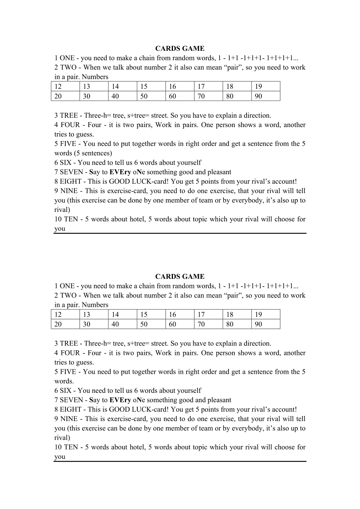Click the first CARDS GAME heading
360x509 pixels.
(180, 48)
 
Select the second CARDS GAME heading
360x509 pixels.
(180, 276)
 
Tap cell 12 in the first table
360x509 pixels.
(65, 86)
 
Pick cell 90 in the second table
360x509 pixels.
(266, 324)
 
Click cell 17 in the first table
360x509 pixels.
(209, 86)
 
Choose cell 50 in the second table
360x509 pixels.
(151, 324)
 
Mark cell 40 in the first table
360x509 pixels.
(122, 96)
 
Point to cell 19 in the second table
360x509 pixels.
(266, 314)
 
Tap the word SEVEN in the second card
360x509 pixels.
(72, 400)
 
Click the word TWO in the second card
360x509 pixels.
(68, 296)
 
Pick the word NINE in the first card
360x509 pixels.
(69, 191)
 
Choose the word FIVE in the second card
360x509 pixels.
(68, 372)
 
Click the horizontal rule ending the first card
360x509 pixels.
(180, 233)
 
